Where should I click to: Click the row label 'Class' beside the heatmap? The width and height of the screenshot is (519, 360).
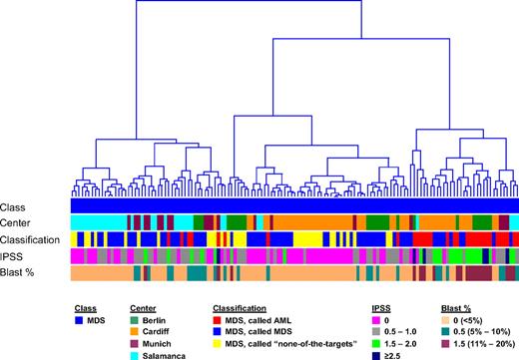(13, 204)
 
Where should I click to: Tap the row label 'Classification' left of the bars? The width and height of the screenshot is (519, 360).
(30, 239)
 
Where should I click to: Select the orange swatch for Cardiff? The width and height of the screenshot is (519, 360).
(138, 325)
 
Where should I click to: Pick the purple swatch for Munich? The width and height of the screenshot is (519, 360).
(138, 339)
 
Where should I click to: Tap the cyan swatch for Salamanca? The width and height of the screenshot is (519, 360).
(138, 353)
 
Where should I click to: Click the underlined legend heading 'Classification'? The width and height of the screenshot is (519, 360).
(239, 296)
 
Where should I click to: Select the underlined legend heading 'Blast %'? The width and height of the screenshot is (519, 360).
(455, 296)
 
